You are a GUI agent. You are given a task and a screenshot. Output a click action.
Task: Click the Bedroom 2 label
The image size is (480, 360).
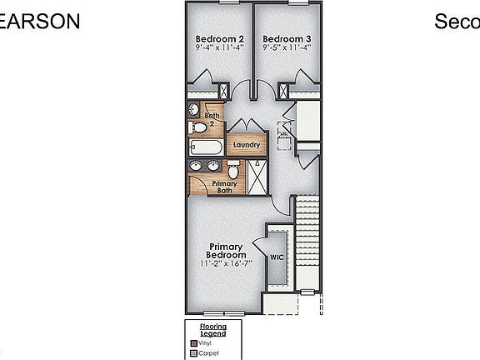[219, 38]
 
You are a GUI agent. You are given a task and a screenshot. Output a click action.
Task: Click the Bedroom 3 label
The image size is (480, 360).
[287, 38]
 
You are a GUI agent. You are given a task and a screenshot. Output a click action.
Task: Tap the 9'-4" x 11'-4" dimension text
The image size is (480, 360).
[219, 48]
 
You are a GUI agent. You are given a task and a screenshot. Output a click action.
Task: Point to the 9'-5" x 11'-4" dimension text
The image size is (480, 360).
[287, 48]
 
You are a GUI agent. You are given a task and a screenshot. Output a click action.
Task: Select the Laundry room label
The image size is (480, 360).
[247, 145]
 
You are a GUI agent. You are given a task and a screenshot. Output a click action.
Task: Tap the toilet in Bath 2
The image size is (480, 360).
[198, 127]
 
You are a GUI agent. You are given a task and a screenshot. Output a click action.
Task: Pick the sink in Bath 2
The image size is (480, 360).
[194, 110]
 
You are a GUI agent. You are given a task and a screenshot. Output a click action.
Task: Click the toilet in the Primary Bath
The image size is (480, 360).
[234, 171]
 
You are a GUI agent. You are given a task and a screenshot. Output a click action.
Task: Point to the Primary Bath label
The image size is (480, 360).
[224, 187]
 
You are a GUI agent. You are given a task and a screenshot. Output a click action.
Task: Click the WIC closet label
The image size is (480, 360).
[277, 257]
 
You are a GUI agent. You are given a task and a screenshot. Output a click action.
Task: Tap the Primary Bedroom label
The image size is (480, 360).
[226, 250]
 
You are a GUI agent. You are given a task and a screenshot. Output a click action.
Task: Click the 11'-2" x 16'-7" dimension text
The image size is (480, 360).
[226, 264]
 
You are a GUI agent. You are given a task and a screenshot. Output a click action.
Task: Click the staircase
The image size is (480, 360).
[307, 241]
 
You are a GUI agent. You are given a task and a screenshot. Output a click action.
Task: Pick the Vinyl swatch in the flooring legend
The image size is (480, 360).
[192, 342]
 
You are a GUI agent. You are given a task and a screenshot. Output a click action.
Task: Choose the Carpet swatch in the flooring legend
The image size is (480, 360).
[192, 353]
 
